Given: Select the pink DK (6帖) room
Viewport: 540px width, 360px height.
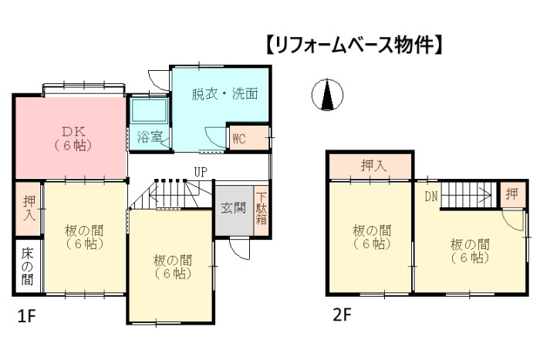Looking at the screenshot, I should point(70,137).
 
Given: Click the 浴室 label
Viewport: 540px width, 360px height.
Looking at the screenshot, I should point(149,137).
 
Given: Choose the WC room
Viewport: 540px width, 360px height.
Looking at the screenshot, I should point(239,140).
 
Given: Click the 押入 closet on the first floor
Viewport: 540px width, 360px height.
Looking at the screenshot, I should point(29,210).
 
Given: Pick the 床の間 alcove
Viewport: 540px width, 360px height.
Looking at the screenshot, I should point(28,267).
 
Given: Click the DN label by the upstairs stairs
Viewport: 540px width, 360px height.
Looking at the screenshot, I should point(430,196).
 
